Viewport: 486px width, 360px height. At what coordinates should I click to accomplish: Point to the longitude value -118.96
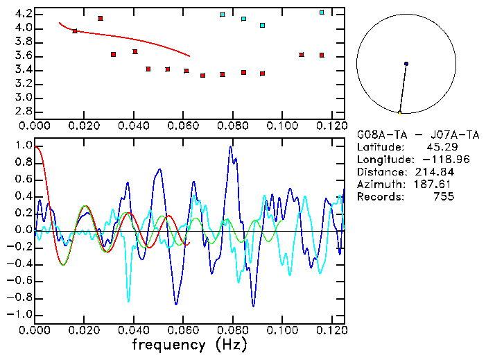pyautogui.click(x=435, y=159)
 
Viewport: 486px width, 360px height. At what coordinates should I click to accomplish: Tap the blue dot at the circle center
pyautogui.click(x=406, y=64)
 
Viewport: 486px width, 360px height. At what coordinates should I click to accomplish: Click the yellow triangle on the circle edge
pyautogui.click(x=400, y=112)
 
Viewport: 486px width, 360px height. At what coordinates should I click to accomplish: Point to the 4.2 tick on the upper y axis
pyautogui.click(x=23, y=14)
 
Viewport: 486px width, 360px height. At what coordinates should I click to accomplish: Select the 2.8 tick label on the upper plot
pyautogui.click(x=23, y=111)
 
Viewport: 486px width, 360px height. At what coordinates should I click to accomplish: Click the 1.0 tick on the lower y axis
pyautogui.click(x=23, y=146)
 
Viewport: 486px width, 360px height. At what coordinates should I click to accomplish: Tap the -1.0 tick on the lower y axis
pyautogui.click(x=21, y=314)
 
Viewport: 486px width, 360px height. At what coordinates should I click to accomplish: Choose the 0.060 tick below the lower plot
pyautogui.click(x=182, y=330)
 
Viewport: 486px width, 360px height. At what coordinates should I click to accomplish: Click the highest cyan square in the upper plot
pyautogui.click(x=322, y=12)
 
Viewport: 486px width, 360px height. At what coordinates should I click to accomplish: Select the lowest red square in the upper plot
pyautogui.click(x=202, y=76)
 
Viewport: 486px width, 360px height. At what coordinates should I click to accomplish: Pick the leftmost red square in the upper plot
pyautogui.click(x=75, y=31)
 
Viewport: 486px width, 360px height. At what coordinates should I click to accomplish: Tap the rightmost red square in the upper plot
pyautogui.click(x=322, y=55)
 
